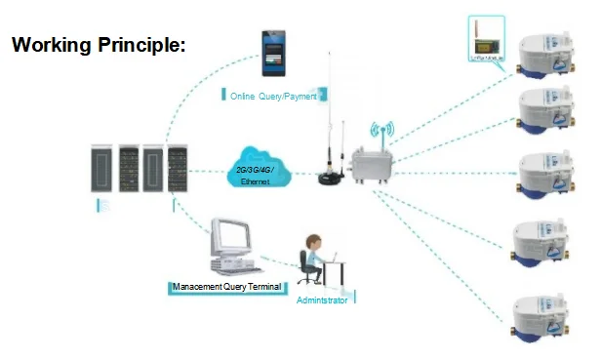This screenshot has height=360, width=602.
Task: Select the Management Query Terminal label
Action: coord(225,287)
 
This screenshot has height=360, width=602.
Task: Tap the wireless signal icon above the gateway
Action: coord(381,131)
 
